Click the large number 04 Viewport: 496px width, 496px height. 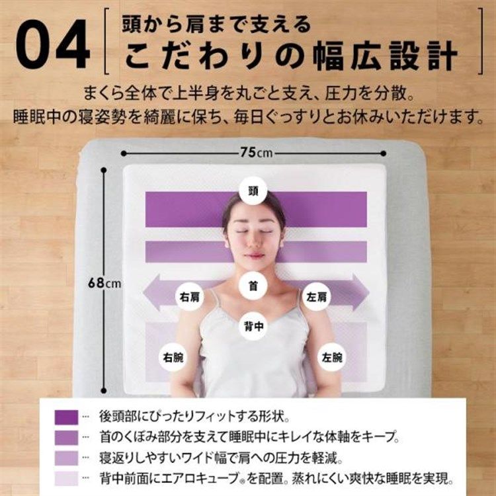pos(53,44)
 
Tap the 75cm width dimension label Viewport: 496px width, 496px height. pos(256,153)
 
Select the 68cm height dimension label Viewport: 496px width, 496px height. pos(104,283)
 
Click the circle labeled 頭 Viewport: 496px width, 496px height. pos(253,190)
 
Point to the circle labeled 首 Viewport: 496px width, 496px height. pos(253,286)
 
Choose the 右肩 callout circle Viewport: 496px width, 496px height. pos(190,297)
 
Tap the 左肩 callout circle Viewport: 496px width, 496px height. pos(316,297)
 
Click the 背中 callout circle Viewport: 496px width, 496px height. pos(253,326)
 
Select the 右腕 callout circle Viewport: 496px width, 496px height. pos(173,357)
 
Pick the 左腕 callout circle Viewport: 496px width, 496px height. pos(332,357)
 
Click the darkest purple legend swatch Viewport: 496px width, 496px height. pos(66,417)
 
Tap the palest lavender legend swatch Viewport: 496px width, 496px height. pos(66,478)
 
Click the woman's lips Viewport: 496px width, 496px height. pos(253,255)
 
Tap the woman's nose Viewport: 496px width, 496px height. pos(253,242)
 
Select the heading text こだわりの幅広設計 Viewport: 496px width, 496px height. pos(291,56)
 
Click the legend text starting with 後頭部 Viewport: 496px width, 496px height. pos(194,417)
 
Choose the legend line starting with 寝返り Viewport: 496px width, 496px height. pos(221,458)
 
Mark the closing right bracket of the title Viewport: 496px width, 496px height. pos(481,41)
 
